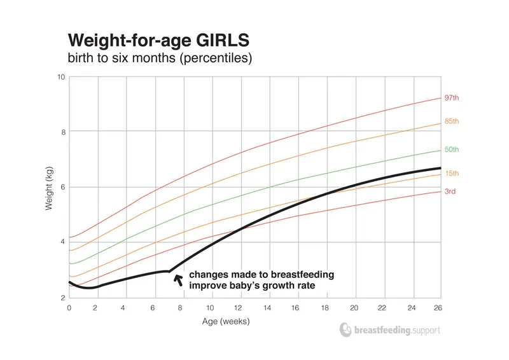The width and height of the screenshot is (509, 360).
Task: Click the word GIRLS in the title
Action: click(x=216, y=41)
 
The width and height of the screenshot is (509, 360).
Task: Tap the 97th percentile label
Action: click(x=451, y=99)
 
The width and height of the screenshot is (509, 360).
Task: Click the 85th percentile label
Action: click(x=451, y=121)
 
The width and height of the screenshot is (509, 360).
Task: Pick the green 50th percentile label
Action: click(x=451, y=149)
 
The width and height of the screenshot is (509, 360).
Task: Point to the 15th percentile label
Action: click(x=451, y=174)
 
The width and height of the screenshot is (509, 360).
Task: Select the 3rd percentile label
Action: click(x=450, y=191)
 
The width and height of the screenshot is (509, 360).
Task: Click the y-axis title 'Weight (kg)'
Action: click(x=49, y=186)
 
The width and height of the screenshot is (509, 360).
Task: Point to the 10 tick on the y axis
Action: click(x=61, y=77)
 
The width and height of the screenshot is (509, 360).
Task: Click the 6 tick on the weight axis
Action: click(x=63, y=187)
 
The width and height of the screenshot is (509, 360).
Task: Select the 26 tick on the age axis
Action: click(x=437, y=307)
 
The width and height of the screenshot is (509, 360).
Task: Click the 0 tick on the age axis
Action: click(x=69, y=307)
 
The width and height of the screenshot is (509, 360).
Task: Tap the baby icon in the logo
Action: click(x=345, y=329)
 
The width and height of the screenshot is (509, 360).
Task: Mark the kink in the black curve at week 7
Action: click(x=169, y=272)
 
